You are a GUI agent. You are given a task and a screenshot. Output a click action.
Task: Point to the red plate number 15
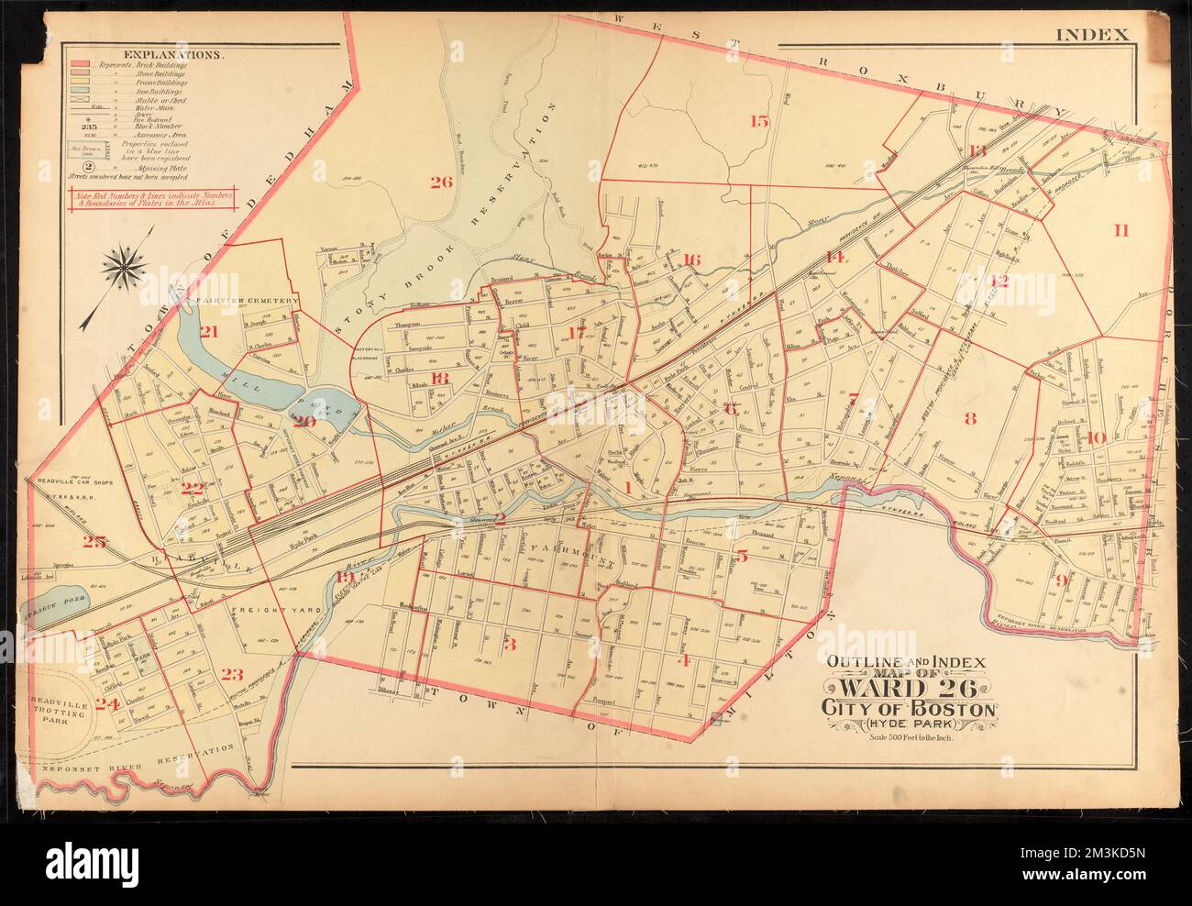click(x=758, y=120)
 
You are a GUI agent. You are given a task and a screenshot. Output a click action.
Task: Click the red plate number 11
click(x=1120, y=229)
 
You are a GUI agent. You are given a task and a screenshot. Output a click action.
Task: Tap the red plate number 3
click(x=511, y=644)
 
